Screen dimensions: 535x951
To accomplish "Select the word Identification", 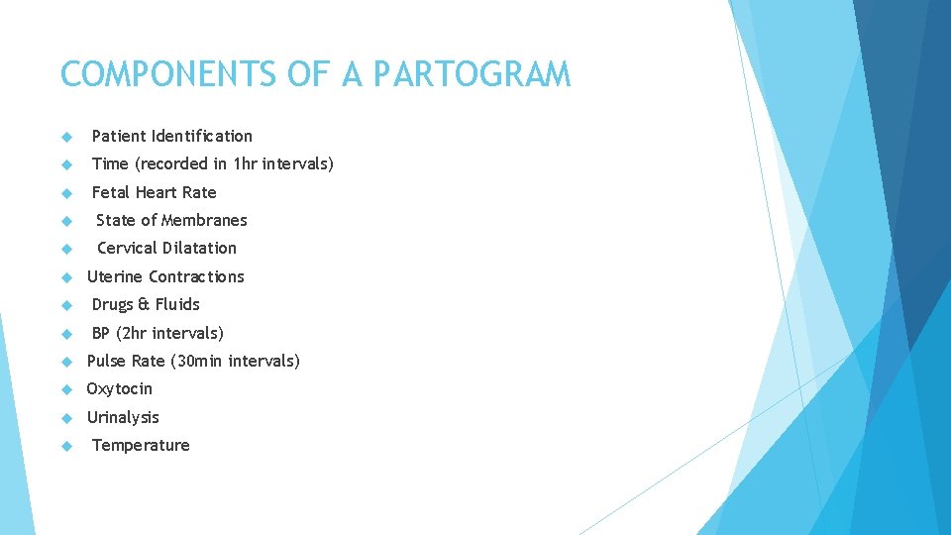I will click(x=202, y=136).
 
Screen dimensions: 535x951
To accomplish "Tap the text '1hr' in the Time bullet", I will click(x=245, y=163).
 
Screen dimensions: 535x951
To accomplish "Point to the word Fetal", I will click(x=111, y=192).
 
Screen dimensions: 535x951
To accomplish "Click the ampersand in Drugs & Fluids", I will click(x=144, y=304).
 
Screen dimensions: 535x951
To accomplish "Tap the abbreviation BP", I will click(x=102, y=333).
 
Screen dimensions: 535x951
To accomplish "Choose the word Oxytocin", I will click(x=120, y=388).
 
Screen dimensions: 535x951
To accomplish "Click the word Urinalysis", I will click(x=123, y=417).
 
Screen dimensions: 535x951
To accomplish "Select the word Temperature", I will click(x=141, y=445).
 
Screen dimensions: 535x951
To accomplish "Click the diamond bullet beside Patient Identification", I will click(x=66, y=137).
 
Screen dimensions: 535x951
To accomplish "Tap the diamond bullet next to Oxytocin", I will click(x=66, y=389).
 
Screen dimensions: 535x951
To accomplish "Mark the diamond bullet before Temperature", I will click(x=66, y=446).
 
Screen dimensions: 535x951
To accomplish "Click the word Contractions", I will click(x=196, y=276).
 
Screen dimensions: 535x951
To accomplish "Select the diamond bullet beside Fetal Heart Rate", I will click(x=66, y=193).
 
